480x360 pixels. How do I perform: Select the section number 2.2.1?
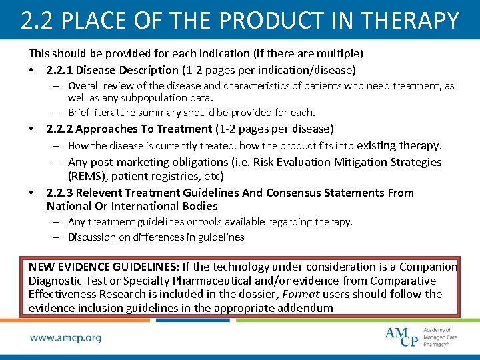(61, 70)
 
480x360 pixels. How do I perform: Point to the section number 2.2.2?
(61, 129)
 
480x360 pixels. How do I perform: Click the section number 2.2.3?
(61, 193)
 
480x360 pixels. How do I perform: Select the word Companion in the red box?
(427, 267)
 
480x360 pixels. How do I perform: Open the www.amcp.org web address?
(65, 338)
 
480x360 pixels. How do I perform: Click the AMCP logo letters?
(402, 336)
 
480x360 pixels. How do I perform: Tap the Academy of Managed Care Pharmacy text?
(441, 337)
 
